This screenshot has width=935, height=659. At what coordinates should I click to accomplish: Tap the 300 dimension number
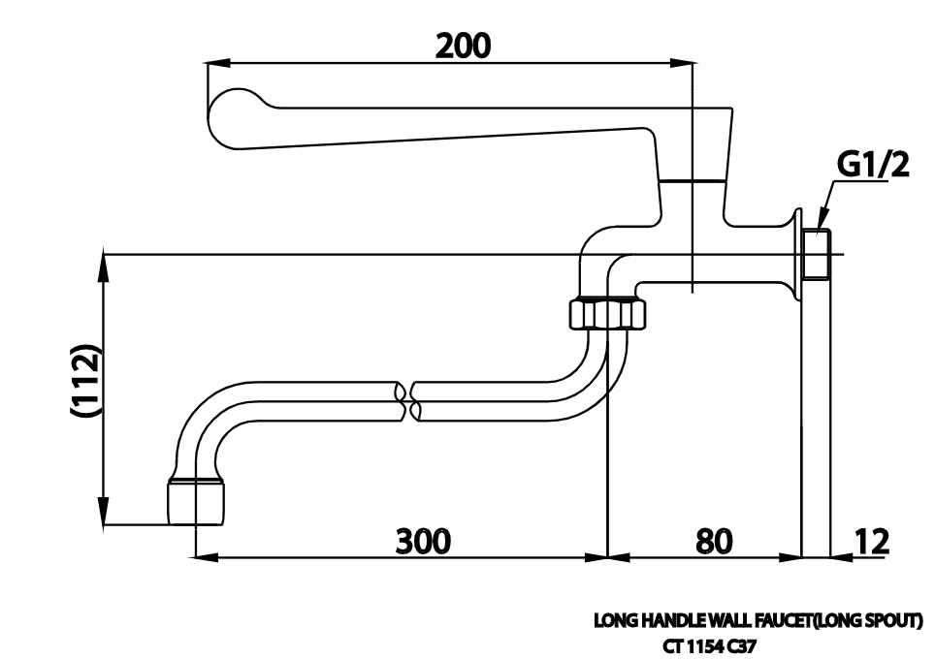tap(424, 540)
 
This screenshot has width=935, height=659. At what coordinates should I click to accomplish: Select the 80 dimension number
tap(714, 540)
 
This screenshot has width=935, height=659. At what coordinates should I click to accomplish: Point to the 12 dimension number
tap(873, 540)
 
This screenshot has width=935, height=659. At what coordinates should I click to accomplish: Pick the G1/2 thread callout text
tap(873, 166)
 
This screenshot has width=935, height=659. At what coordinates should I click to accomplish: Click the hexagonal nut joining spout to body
tap(606, 314)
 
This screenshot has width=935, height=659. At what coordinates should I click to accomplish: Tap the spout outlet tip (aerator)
tap(196, 499)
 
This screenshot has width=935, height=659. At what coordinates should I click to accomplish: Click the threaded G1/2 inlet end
tap(818, 254)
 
